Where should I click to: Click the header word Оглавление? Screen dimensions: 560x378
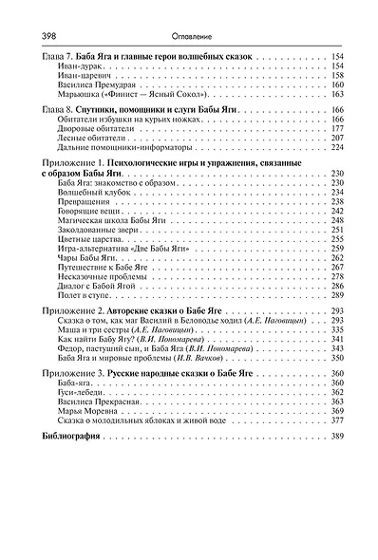pos(190,35)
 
